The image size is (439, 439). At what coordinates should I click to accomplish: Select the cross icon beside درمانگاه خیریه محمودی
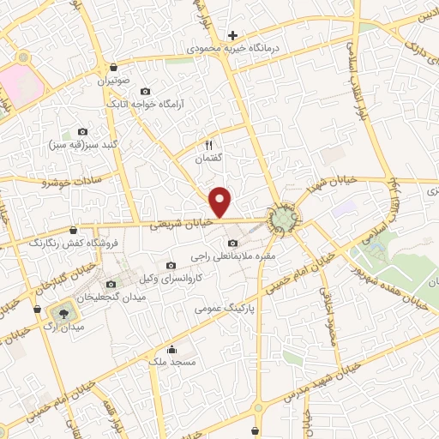[232, 35]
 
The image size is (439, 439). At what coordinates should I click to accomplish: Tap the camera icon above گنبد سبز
[83, 131]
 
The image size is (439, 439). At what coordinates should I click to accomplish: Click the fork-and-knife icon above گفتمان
[208, 146]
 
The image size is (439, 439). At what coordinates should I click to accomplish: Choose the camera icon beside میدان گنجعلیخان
[110, 284]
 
